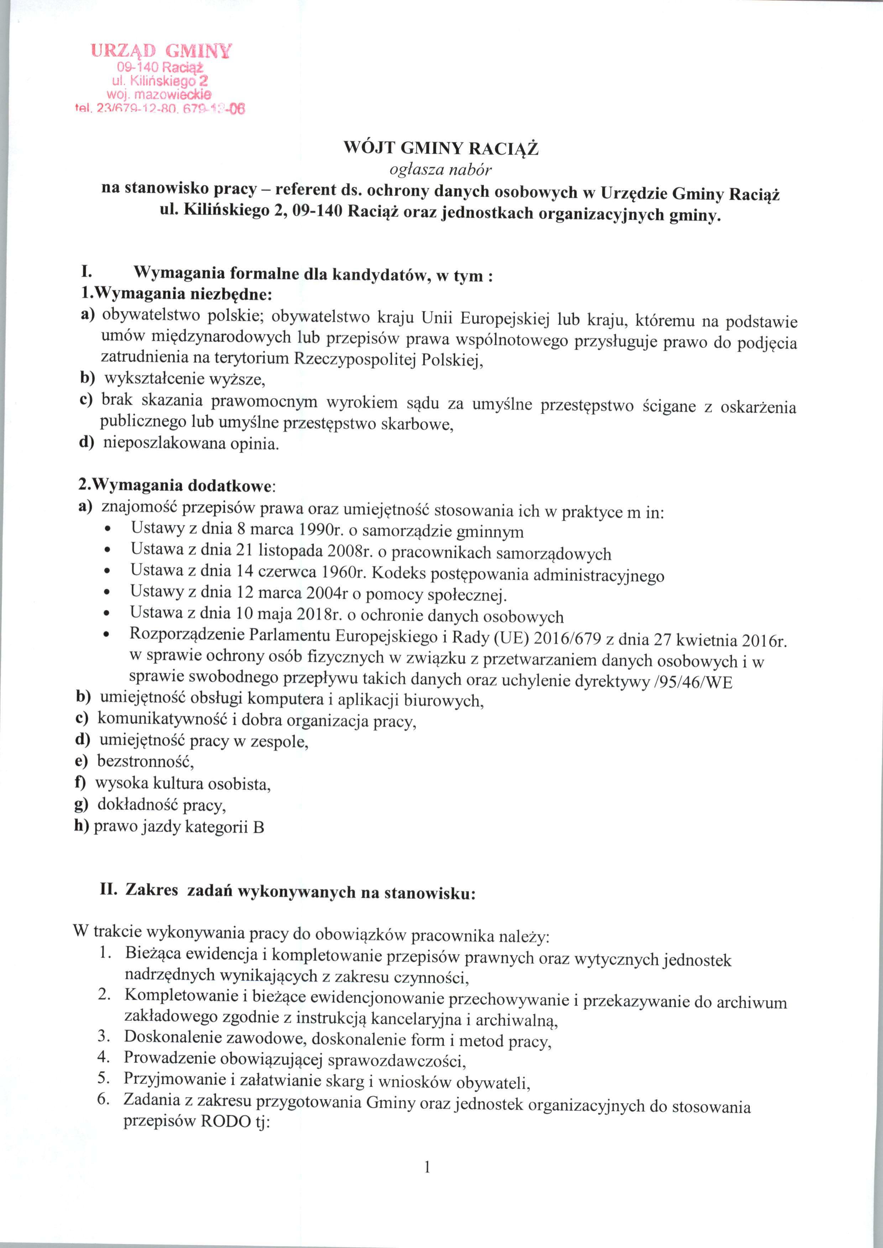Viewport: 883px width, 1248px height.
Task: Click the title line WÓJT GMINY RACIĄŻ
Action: (x=441, y=148)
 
